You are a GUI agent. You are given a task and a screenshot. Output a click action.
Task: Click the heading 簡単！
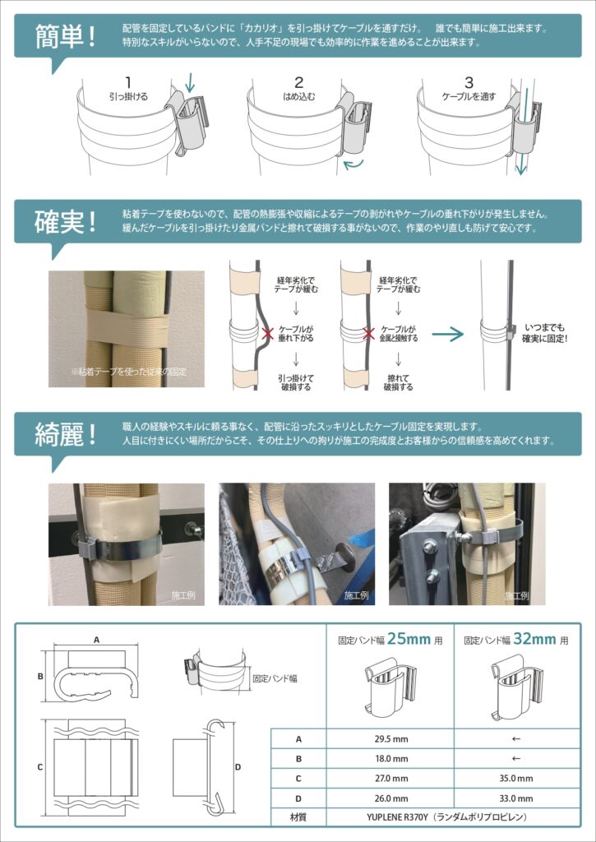65,36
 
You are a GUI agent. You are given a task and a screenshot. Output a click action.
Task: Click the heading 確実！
65,222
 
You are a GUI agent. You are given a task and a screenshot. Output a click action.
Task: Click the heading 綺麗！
65,434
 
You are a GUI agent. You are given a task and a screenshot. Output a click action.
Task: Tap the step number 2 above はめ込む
299,83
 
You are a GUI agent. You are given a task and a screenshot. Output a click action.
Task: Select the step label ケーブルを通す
469,97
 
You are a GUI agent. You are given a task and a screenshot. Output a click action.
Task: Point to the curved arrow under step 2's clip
353,164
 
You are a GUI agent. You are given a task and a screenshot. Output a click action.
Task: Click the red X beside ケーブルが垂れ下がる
267,334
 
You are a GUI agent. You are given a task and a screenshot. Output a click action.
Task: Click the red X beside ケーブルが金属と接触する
368,334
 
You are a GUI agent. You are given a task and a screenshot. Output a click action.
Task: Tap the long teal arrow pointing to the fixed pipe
448,335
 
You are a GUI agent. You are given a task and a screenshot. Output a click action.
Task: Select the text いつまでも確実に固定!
544,334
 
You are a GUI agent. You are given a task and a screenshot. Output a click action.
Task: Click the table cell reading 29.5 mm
390,739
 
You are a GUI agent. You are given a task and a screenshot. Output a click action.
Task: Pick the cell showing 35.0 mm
516,779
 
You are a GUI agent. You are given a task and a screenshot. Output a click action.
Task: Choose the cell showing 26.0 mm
390,798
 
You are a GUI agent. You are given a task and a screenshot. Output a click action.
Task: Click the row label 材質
298,818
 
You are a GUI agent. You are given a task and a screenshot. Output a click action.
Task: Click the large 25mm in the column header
409,639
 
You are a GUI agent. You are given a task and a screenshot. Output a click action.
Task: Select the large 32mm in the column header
535,639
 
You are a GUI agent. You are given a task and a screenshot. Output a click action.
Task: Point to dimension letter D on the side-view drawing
238,767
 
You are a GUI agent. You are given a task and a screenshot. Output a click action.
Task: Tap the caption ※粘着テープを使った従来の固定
128,371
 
